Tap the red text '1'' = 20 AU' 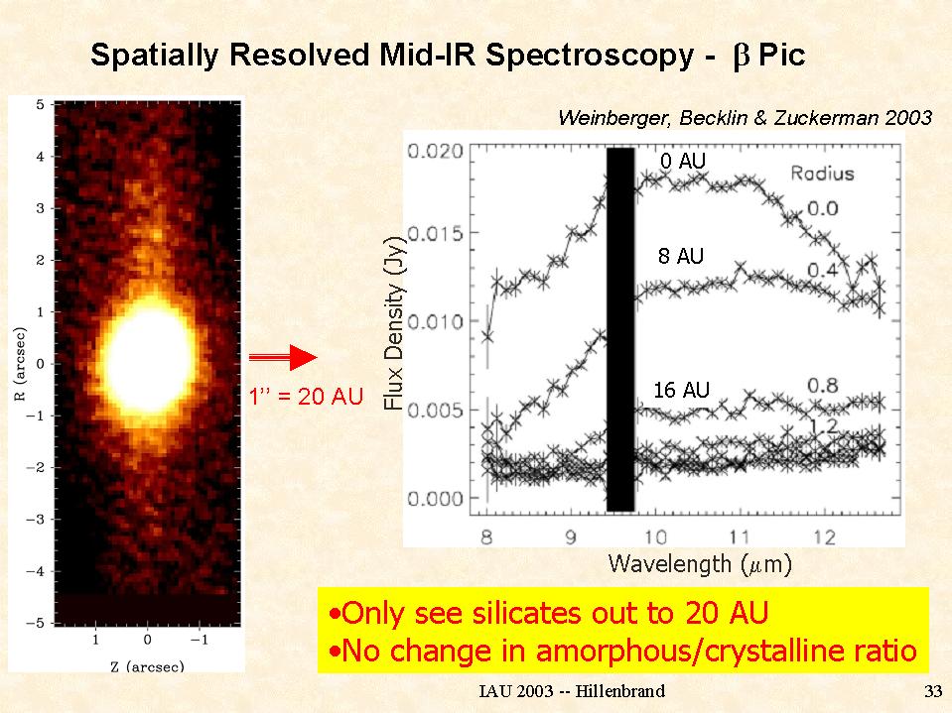306,399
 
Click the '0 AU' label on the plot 683,160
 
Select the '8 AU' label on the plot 680,257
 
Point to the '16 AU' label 681,391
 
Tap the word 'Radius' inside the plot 822,175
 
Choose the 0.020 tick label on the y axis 437,152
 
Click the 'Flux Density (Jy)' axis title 395,328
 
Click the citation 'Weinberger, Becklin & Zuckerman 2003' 745,118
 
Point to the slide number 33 931,690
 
